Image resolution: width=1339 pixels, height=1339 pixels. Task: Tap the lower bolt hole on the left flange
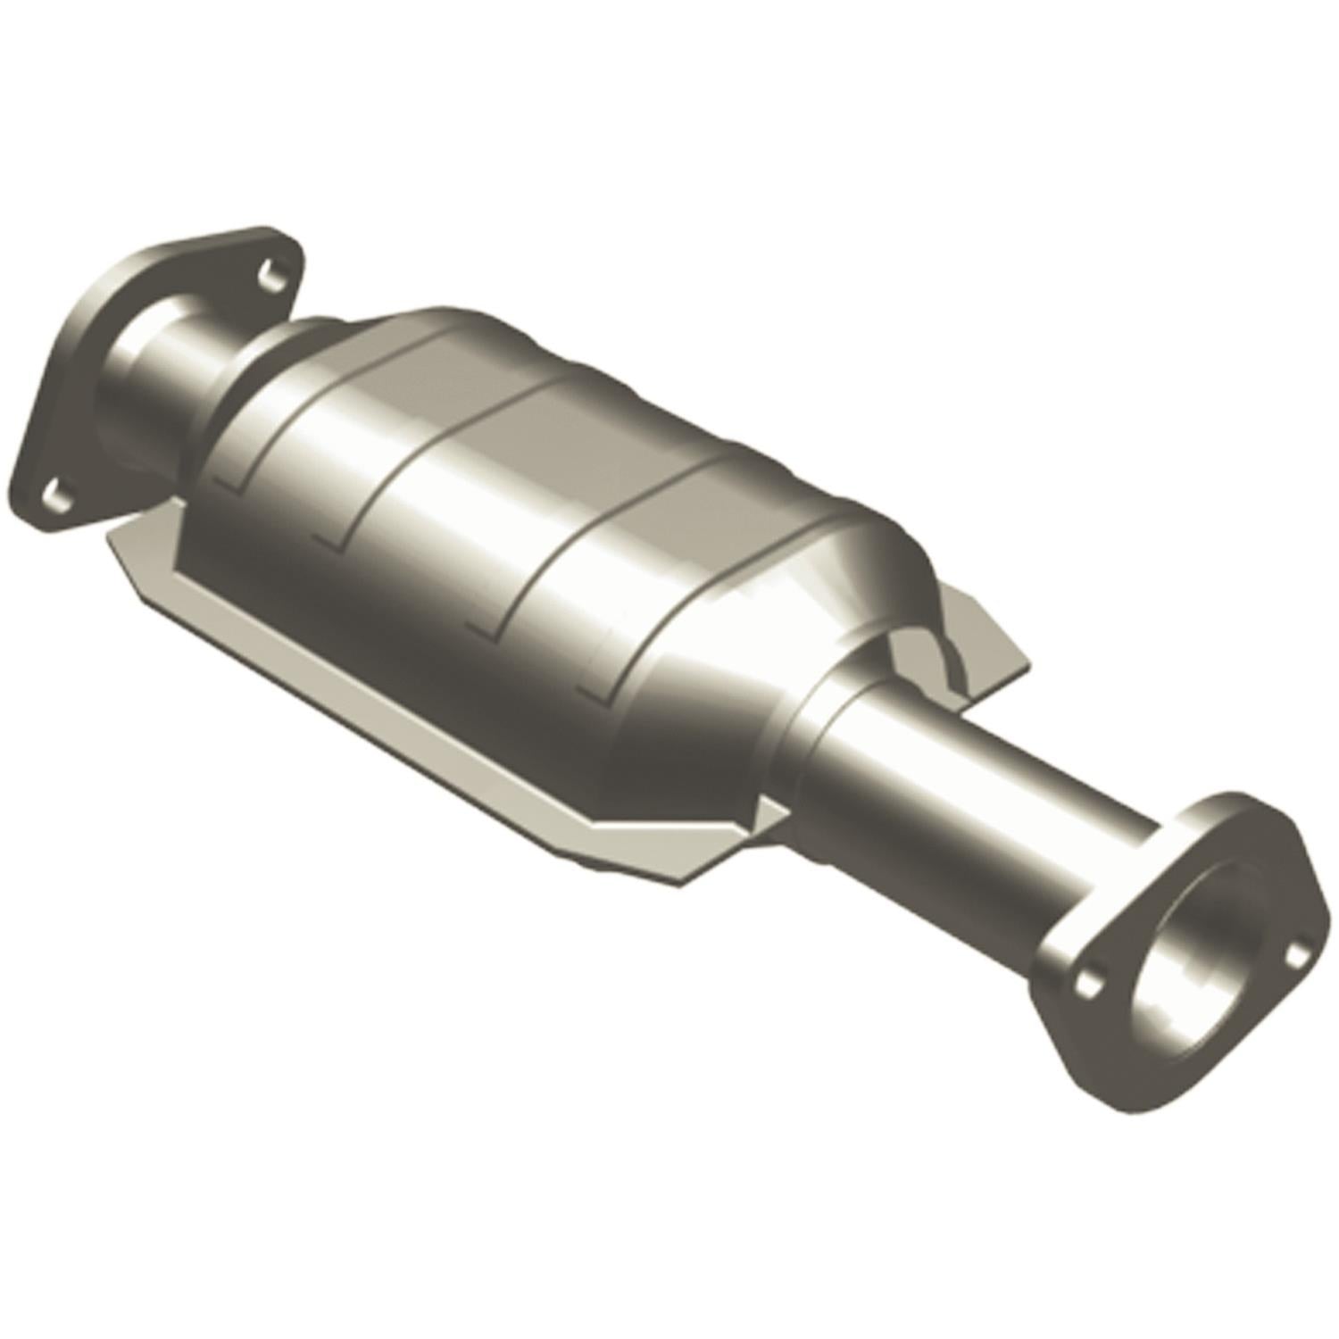(x=55, y=494)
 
